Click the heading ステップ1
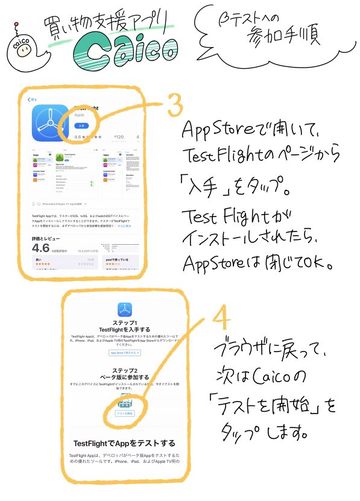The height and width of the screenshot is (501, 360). tap(125, 323)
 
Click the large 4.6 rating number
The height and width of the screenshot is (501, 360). tap(40, 248)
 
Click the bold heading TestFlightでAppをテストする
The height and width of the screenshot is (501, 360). tap(124, 442)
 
